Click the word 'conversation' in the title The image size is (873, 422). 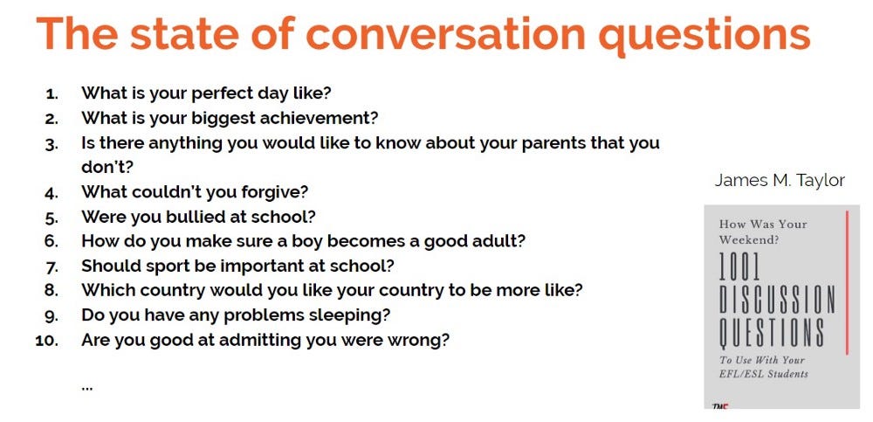tap(445, 33)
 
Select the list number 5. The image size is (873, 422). tap(52, 218)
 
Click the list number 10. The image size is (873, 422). tap(47, 340)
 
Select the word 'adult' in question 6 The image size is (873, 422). tap(500, 241)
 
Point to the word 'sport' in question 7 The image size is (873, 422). tap(167, 266)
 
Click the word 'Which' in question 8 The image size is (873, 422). tap(108, 290)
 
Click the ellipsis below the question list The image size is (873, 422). tap(86, 387)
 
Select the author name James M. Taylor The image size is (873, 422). tap(780, 181)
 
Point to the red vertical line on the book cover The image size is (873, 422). tap(847, 282)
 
